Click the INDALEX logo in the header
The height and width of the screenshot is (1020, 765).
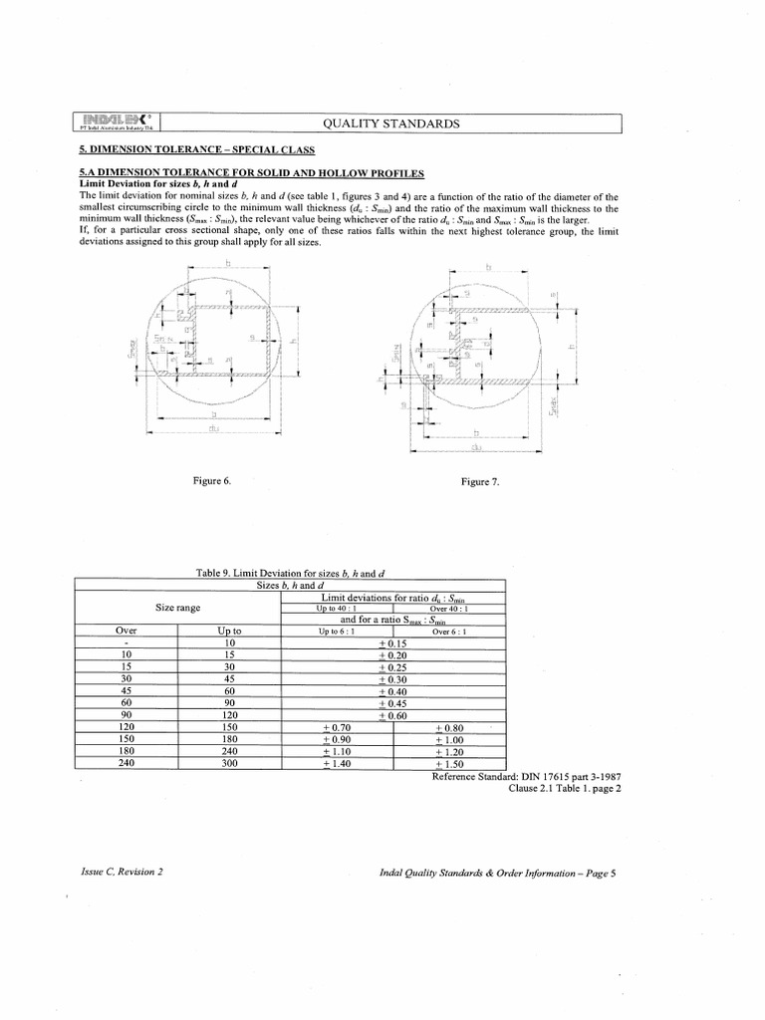[x=119, y=120]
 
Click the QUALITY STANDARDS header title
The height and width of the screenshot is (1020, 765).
[x=391, y=124]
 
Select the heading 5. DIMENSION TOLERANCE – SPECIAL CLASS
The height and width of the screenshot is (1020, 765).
[x=196, y=150]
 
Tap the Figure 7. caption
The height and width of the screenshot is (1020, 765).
[x=480, y=482]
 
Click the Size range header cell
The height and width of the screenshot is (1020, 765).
[x=178, y=608]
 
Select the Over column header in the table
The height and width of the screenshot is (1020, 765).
[x=126, y=632]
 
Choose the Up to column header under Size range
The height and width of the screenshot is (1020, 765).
[x=230, y=632]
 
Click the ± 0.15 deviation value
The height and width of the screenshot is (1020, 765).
[x=393, y=644]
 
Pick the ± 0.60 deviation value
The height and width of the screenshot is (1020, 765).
[x=393, y=716]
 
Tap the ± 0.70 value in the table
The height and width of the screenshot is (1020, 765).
[x=339, y=728]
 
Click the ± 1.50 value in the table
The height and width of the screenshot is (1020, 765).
[x=450, y=764]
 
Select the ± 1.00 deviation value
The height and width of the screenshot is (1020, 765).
[x=450, y=740]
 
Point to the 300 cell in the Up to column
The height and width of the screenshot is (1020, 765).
[x=230, y=764]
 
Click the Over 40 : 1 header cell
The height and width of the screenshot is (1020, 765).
[x=450, y=609]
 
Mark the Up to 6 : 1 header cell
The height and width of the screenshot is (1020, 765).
[x=337, y=632]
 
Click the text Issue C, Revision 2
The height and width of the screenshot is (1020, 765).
[x=121, y=872]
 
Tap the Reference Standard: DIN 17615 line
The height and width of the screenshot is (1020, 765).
[x=528, y=776]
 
